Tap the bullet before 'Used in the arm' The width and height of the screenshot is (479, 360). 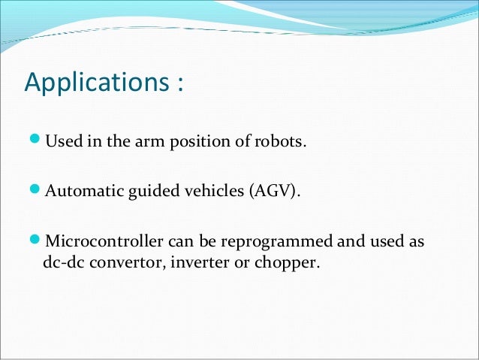[x=38, y=141]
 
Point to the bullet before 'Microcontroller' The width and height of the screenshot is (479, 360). [x=38, y=241]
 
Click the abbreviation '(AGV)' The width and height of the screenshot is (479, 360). [x=275, y=192]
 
